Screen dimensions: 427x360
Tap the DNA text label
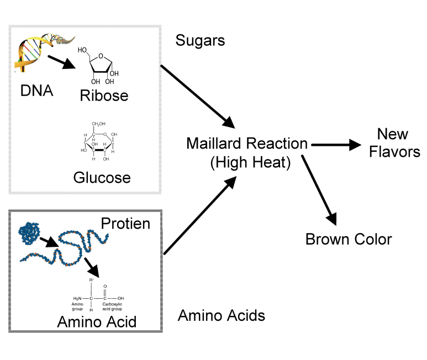point(36,91)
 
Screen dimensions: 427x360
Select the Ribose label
point(104,96)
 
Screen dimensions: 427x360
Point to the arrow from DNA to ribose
point(62,62)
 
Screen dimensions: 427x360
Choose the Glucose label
point(102,178)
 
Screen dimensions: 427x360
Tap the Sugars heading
point(200,40)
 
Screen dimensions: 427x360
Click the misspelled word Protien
point(125,224)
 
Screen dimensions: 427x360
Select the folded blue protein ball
point(29,233)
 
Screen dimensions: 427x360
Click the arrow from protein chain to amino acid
point(92,267)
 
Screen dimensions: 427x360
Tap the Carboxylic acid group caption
point(112,306)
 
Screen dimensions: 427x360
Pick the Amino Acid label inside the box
point(97,322)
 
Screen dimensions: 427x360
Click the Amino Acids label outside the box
point(222,316)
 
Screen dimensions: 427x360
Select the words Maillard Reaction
point(247,144)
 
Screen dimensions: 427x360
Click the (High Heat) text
point(251,162)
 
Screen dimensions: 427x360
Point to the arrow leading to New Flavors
point(336,145)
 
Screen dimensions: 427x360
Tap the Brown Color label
point(349,240)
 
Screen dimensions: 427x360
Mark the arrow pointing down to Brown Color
point(319,190)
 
